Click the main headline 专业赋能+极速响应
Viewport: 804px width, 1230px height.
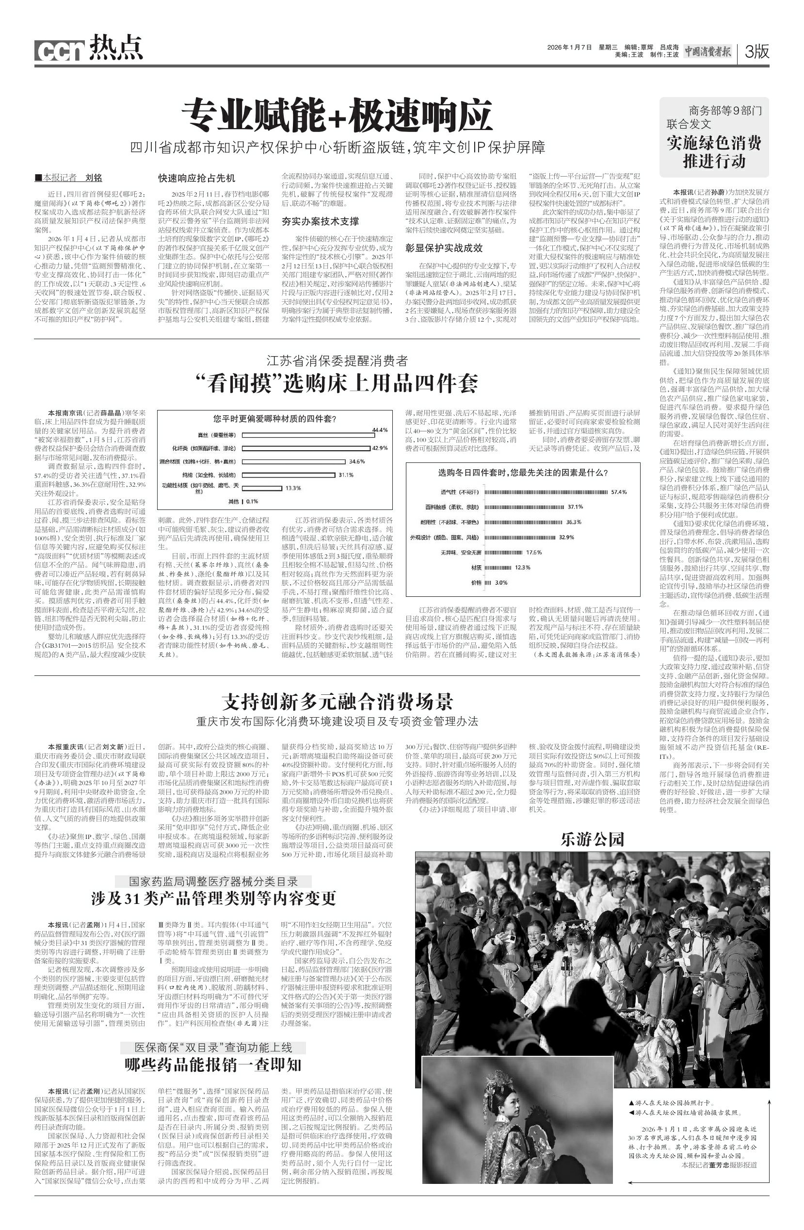(337, 116)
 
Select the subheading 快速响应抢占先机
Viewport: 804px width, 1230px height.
(196, 178)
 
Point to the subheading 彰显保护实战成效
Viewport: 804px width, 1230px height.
(444, 247)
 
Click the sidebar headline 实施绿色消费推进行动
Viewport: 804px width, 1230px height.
(714, 151)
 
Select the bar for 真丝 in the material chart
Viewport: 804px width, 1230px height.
(308, 435)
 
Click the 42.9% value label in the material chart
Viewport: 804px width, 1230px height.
(380, 447)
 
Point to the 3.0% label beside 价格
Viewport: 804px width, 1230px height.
(501, 582)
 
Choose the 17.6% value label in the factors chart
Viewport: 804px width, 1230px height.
(534, 553)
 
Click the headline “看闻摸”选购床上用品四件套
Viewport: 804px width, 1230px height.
(337, 383)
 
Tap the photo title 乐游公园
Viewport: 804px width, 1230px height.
(592, 839)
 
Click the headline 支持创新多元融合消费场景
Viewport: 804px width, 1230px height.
(337, 701)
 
